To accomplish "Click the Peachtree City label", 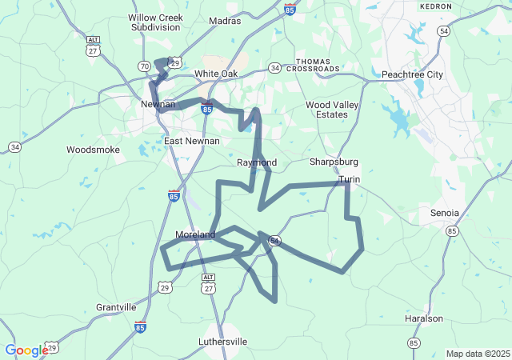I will (x=412, y=74).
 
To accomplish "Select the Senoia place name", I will (x=445, y=213).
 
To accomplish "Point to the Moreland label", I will (x=195, y=235).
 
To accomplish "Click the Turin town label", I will (x=349, y=180).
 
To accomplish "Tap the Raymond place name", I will (x=257, y=162).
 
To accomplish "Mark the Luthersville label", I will (x=222, y=342).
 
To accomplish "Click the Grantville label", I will (x=116, y=307).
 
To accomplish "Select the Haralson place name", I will (x=424, y=318).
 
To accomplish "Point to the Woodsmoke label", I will (x=93, y=150).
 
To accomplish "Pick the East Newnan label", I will (x=191, y=142).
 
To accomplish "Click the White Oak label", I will (x=216, y=74).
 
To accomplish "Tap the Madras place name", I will (x=224, y=21).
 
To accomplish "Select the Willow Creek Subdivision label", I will (x=155, y=22).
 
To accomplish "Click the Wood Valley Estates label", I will (x=326, y=110).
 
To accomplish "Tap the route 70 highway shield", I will (x=144, y=66).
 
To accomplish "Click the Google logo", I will (x=26, y=350).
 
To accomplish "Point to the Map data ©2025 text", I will (x=478, y=354).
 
